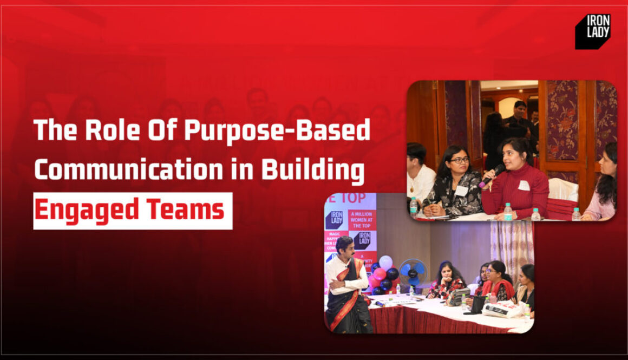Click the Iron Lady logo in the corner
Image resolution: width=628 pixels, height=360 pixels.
(593, 31)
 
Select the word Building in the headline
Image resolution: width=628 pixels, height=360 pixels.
(312, 170)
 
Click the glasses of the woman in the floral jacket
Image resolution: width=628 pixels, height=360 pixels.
(459, 160)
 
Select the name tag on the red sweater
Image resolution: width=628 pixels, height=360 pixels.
(523, 186)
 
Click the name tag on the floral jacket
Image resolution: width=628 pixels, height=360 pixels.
(461, 191)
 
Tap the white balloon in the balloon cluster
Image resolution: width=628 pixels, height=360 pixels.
(385, 262)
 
